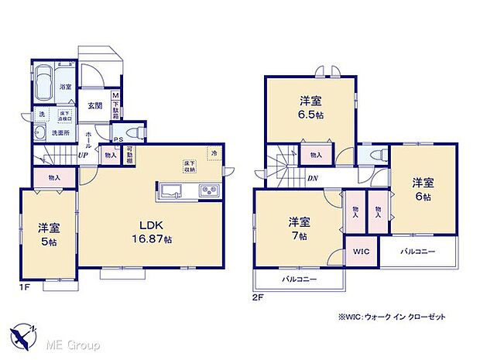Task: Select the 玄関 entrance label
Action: (x=95, y=106)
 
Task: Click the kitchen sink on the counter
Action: (x=171, y=190)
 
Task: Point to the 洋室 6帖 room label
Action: (x=422, y=189)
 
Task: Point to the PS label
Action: (x=118, y=140)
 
